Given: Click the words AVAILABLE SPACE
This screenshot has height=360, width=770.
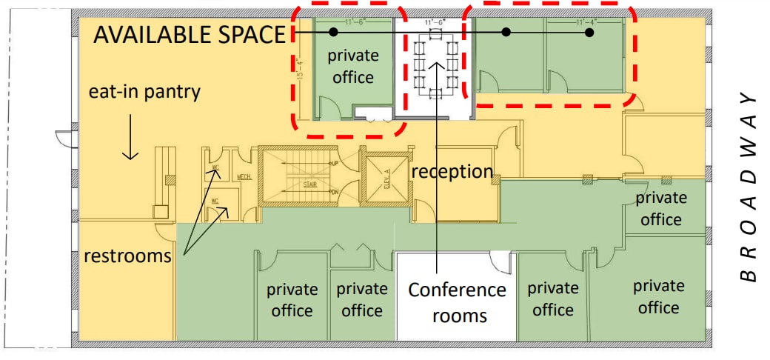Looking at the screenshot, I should [x=189, y=35].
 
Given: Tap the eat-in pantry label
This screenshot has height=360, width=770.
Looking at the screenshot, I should [x=144, y=93].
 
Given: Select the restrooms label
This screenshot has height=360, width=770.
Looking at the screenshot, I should [x=127, y=256].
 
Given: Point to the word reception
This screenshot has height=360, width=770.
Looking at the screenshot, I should [x=452, y=171].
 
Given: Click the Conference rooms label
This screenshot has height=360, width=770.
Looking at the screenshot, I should [x=457, y=302].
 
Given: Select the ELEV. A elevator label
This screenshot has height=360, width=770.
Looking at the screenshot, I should [x=386, y=179].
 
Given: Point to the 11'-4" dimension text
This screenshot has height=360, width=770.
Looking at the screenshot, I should [x=589, y=23].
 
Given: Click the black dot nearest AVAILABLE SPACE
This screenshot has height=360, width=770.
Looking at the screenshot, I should [x=333, y=32].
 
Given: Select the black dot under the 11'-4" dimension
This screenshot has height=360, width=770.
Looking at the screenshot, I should [x=589, y=33].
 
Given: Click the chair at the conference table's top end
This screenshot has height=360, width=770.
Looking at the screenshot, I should [x=432, y=35].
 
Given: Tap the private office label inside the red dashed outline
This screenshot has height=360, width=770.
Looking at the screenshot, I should [x=353, y=66].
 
